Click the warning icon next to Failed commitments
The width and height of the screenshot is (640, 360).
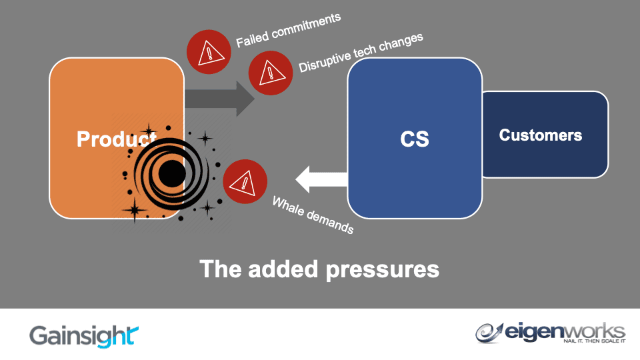[209, 51]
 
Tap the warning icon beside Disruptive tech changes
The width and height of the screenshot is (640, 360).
[271, 73]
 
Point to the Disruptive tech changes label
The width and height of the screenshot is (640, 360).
[361, 53]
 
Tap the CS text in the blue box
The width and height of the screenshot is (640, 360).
[415, 139]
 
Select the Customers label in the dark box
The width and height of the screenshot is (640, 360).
[540, 135]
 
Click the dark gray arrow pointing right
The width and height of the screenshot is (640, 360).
[220, 98]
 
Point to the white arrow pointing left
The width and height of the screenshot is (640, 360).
[321, 179]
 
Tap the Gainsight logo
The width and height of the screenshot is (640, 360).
[84, 335]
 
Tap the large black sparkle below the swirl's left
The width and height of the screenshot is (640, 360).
[135, 210]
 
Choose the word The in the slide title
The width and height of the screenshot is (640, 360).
[220, 269]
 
